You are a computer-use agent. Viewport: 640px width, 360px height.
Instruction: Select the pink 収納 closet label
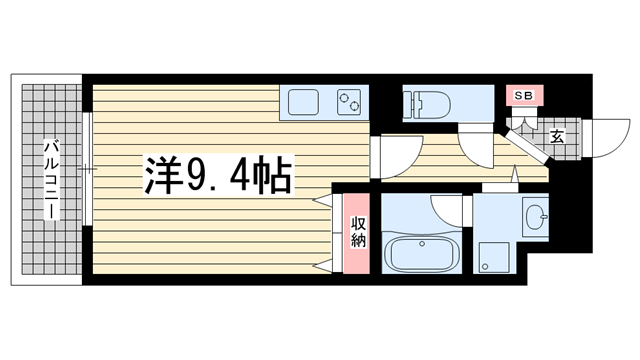tap(357, 231)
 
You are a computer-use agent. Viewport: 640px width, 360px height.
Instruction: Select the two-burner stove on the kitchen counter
tap(350, 101)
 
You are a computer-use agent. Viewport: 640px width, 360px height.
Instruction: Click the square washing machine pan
tap(497, 258)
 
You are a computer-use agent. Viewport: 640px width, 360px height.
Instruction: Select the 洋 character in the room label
tap(162, 178)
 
